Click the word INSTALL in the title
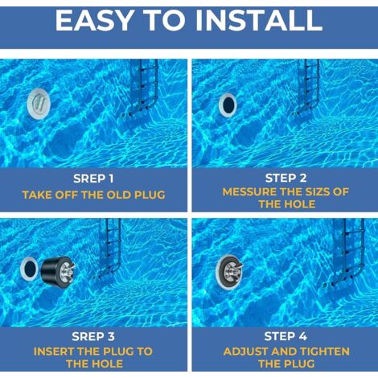click(258, 21)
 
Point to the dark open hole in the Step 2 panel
click(228, 105)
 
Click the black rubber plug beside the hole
click(58, 271)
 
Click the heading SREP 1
click(93, 179)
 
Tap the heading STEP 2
click(286, 178)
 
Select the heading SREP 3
click(93, 337)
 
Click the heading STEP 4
click(286, 336)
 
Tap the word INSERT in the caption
click(53, 351)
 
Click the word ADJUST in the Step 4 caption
click(247, 351)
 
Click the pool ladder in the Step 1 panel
click(142, 88)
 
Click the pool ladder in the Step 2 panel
click(308, 88)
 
